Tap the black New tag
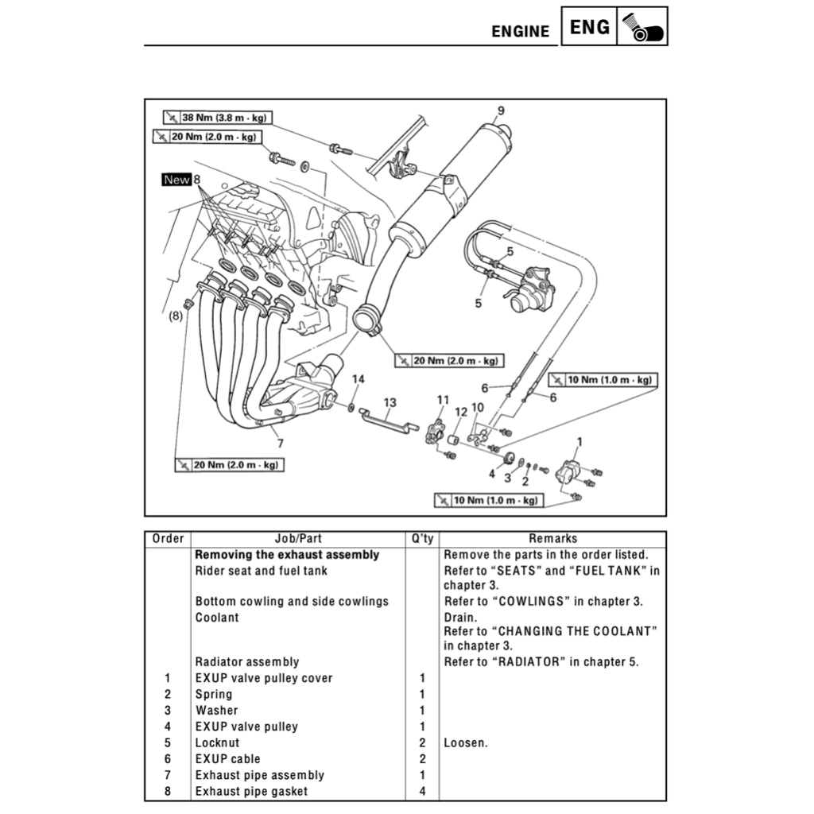[x=176, y=180]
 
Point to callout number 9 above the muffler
[x=501, y=110]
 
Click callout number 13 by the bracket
[x=389, y=402]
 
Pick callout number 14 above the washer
[x=359, y=379]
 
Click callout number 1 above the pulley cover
[x=579, y=440]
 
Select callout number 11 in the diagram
[x=443, y=399]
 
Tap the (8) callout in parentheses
[x=175, y=316]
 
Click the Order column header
[x=168, y=539]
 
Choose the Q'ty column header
[x=421, y=539]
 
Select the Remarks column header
[x=552, y=539]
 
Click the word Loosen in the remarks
[x=465, y=743]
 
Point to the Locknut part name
[x=217, y=743]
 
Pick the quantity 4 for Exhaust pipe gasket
[x=422, y=792]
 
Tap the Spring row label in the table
[x=214, y=694]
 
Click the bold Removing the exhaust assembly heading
[x=287, y=555]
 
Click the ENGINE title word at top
[x=520, y=32]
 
